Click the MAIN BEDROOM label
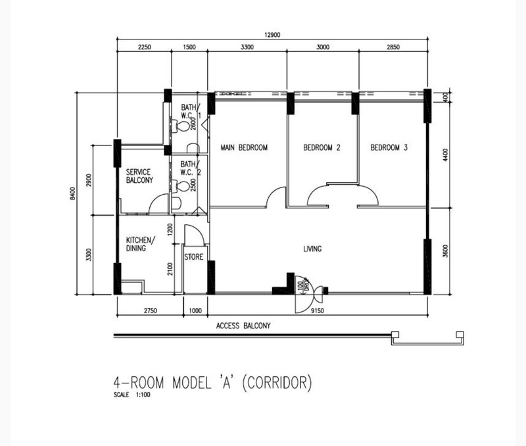coord(244,147)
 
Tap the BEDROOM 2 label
coord(322,147)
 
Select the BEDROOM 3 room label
coord(389,147)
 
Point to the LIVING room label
coord(312,249)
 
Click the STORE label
coord(193,257)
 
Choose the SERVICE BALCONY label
coord(139,176)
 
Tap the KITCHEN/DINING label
coord(141,244)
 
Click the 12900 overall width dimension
coord(272,35)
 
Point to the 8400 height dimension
coord(73,193)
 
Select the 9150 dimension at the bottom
coord(318,310)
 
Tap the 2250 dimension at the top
coord(144,47)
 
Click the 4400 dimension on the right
coord(445,155)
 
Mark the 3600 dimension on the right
coord(445,251)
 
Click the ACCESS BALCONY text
coord(243,326)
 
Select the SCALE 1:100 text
coord(132,395)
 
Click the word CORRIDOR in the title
coord(277,383)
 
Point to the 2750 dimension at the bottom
coord(151,310)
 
